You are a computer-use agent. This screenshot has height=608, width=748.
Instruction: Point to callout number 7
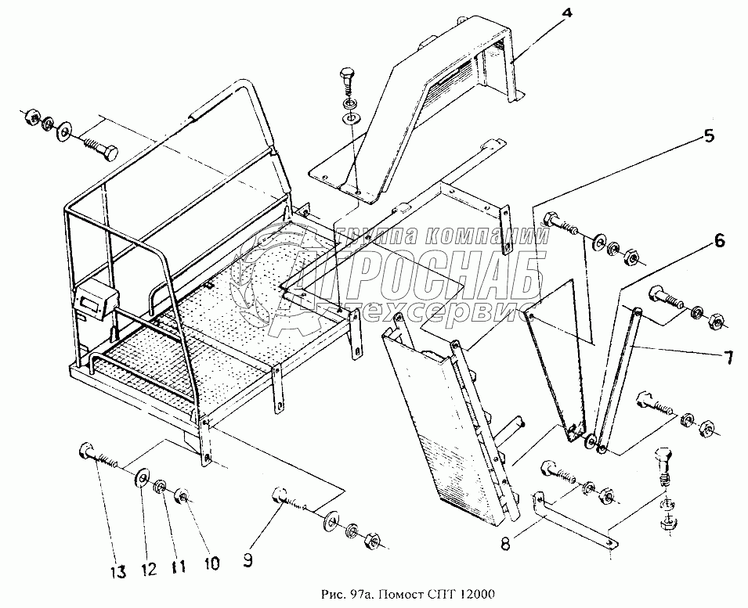click(x=727, y=359)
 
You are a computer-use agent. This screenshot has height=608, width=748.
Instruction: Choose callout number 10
click(x=212, y=562)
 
